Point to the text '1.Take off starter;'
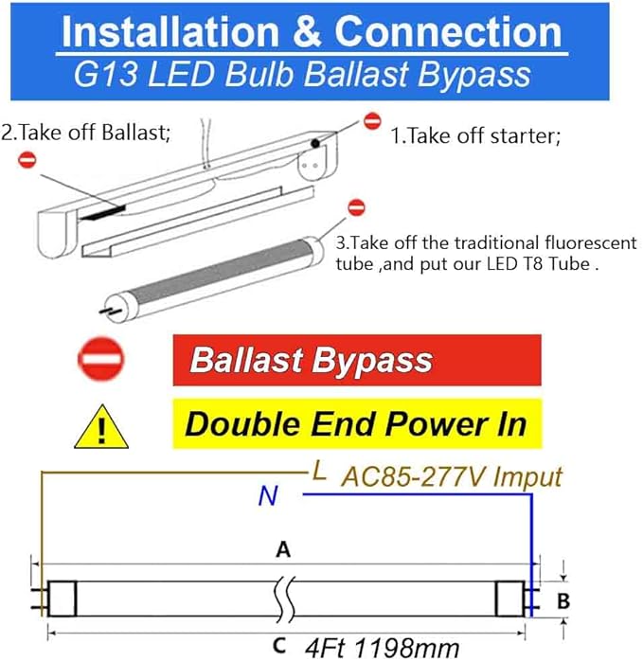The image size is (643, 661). coord(475,136)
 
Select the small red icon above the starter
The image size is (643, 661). coord(372,121)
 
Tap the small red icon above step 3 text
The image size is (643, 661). coord(356,206)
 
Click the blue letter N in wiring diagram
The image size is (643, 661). coord(268,496)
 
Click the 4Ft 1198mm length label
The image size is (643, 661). coord(384,649)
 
